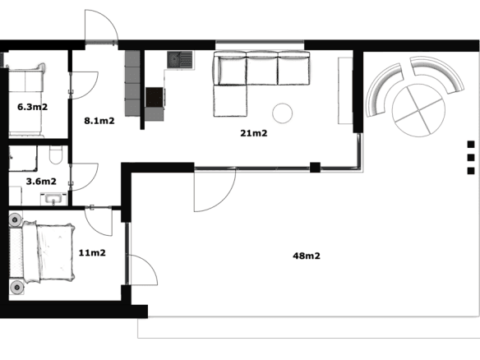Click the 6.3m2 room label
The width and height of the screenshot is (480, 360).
pyautogui.click(x=32, y=107)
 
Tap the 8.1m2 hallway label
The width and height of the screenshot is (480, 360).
pyautogui.click(x=99, y=121)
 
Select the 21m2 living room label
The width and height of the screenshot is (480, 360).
pyautogui.click(x=254, y=133)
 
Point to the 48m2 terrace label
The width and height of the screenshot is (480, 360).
pyautogui.click(x=307, y=256)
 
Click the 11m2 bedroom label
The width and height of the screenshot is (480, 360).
pyautogui.click(x=92, y=253)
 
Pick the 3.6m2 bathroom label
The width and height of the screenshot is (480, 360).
pyautogui.click(x=41, y=181)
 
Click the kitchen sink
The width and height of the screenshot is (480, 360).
pyautogui.click(x=180, y=60)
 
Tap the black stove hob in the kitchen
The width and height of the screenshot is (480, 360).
pyautogui.click(x=155, y=97)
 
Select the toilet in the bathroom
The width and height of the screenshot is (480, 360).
pyautogui.click(x=56, y=155)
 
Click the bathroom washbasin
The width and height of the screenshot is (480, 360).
pyautogui.click(x=53, y=199)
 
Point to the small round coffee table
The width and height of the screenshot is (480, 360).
pyautogui.click(x=282, y=113)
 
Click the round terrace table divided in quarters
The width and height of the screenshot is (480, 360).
pyautogui.click(x=418, y=110)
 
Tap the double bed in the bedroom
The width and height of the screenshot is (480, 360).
pyautogui.click(x=48, y=252)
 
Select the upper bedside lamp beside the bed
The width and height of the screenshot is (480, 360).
pyautogui.click(x=15, y=219)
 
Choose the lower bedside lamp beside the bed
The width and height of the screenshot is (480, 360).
pyautogui.click(x=16, y=288)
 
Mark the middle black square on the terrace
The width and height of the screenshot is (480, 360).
pyautogui.click(x=471, y=158)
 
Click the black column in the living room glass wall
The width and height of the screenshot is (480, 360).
pyautogui.click(x=315, y=168)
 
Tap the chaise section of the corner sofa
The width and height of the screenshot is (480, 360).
pyautogui.click(x=230, y=100)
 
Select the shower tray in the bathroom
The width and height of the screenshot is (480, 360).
pyautogui.click(x=23, y=159)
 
